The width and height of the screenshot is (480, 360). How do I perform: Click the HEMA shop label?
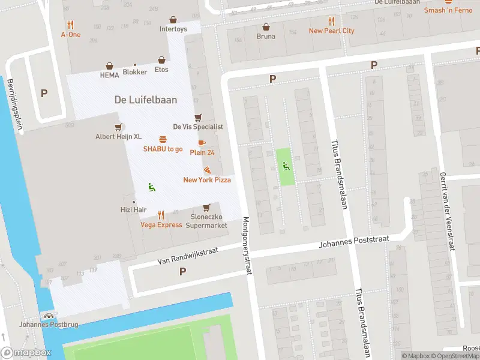coord(110,75)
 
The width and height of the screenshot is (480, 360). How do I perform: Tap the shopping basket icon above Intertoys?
coord(173,20)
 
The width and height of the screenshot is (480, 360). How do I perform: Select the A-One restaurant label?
coord(71,34)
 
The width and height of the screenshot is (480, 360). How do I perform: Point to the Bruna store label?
coord(266,36)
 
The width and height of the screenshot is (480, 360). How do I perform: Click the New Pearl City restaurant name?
coord(331,31)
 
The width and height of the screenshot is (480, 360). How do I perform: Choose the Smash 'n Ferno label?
coord(448,10)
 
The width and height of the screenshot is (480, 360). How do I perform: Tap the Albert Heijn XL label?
coord(118,136)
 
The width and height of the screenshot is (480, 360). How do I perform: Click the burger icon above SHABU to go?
coord(163,139)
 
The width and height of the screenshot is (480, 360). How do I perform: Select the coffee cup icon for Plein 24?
coord(202,143)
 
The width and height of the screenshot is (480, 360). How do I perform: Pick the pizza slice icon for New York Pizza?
coord(207,171)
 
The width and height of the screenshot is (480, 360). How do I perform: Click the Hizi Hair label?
coord(133,209)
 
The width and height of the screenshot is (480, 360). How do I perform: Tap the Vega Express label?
coord(161,224)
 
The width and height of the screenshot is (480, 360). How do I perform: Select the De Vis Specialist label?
coord(198,127)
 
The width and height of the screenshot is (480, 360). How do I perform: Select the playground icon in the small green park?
coord(286,166)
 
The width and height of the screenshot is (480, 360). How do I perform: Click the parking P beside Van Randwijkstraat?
coord(182,271)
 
